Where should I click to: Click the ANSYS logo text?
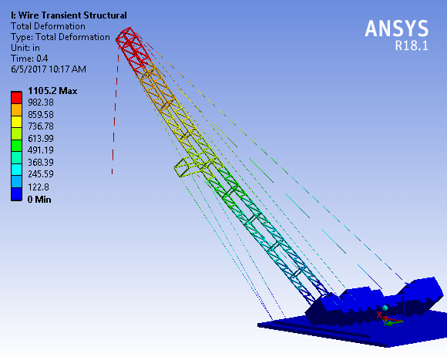point(397,29)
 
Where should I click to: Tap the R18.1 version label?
point(412,45)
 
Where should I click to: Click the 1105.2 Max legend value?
point(52,91)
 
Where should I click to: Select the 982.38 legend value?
point(41,103)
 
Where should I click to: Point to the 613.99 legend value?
point(41,138)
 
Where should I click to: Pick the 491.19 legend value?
point(41,150)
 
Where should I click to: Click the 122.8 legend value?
point(39,187)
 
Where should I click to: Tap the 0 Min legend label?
point(39,199)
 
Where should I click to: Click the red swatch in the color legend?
point(16,97)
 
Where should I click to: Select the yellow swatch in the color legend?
point(16,122)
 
